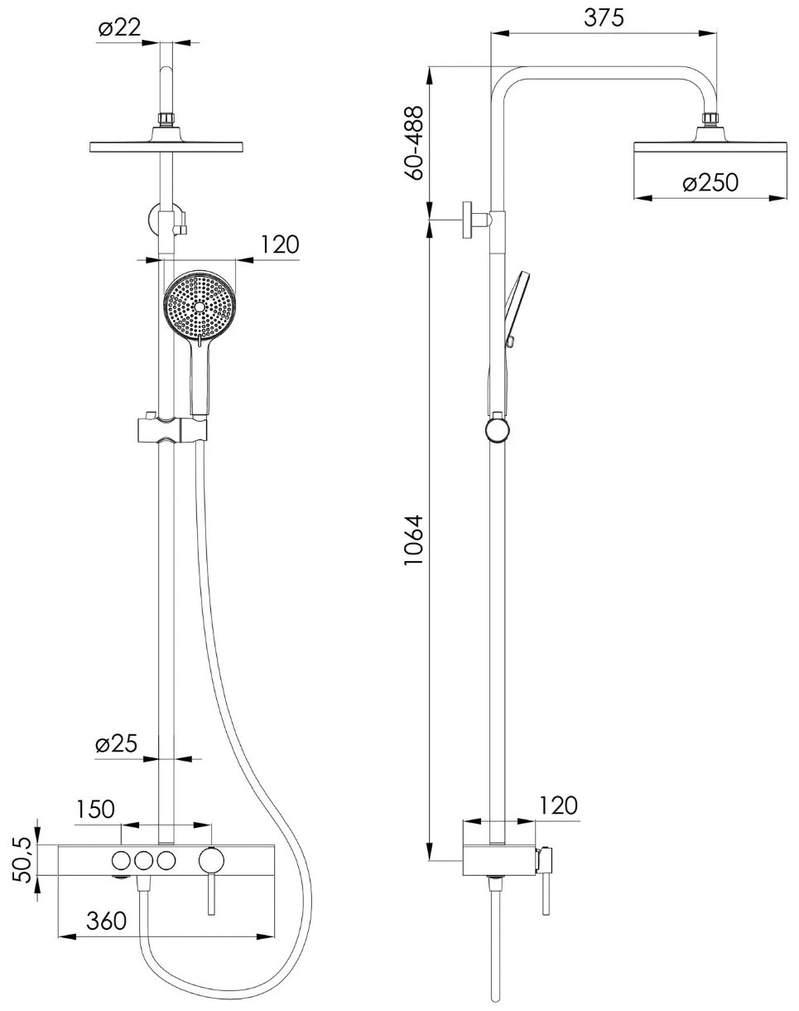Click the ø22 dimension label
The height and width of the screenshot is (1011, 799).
119,28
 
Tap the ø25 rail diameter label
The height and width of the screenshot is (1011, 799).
116,744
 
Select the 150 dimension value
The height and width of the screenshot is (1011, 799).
95,810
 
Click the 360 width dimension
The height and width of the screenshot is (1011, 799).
106,921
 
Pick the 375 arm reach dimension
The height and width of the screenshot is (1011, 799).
604,18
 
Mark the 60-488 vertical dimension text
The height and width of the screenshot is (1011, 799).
413,143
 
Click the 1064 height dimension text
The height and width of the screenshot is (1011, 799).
413,540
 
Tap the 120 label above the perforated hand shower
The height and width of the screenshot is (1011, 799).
279,244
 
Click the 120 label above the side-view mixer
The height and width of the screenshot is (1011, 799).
558,805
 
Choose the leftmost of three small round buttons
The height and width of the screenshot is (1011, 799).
122,860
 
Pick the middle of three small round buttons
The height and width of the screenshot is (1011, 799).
144,860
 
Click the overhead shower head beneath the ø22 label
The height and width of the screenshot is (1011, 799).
166,147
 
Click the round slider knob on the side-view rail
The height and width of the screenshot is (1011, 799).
497,430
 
